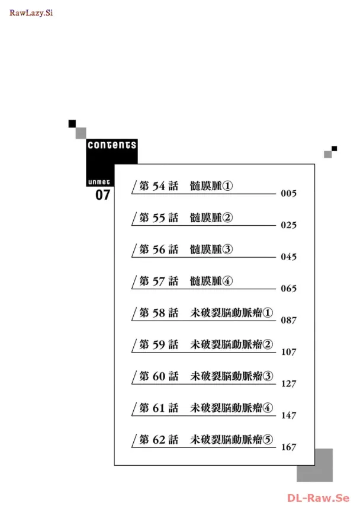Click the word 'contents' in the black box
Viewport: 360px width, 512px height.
[x=112, y=145]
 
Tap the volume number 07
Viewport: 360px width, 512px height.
[x=103, y=195]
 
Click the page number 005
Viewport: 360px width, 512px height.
[x=288, y=194]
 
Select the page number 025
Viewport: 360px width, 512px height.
[x=288, y=225]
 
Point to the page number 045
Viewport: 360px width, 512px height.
[x=288, y=257]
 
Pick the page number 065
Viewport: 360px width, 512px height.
[x=288, y=289]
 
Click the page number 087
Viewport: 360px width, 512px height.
[x=288, y=320]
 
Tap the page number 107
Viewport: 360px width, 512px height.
[x=288, y=352]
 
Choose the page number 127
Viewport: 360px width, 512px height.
[x=288, y=384]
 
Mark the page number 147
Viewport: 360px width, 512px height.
[x=288, y=415]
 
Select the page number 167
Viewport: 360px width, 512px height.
[x=288, y=447]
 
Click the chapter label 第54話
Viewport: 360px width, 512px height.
[x=158, y=186]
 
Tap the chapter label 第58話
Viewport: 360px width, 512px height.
[x=158, y=313]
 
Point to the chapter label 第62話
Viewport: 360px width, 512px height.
[x=158, y=440]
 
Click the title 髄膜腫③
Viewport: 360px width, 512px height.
[x=211, y=249]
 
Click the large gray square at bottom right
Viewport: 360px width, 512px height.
[x=314, y=465]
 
